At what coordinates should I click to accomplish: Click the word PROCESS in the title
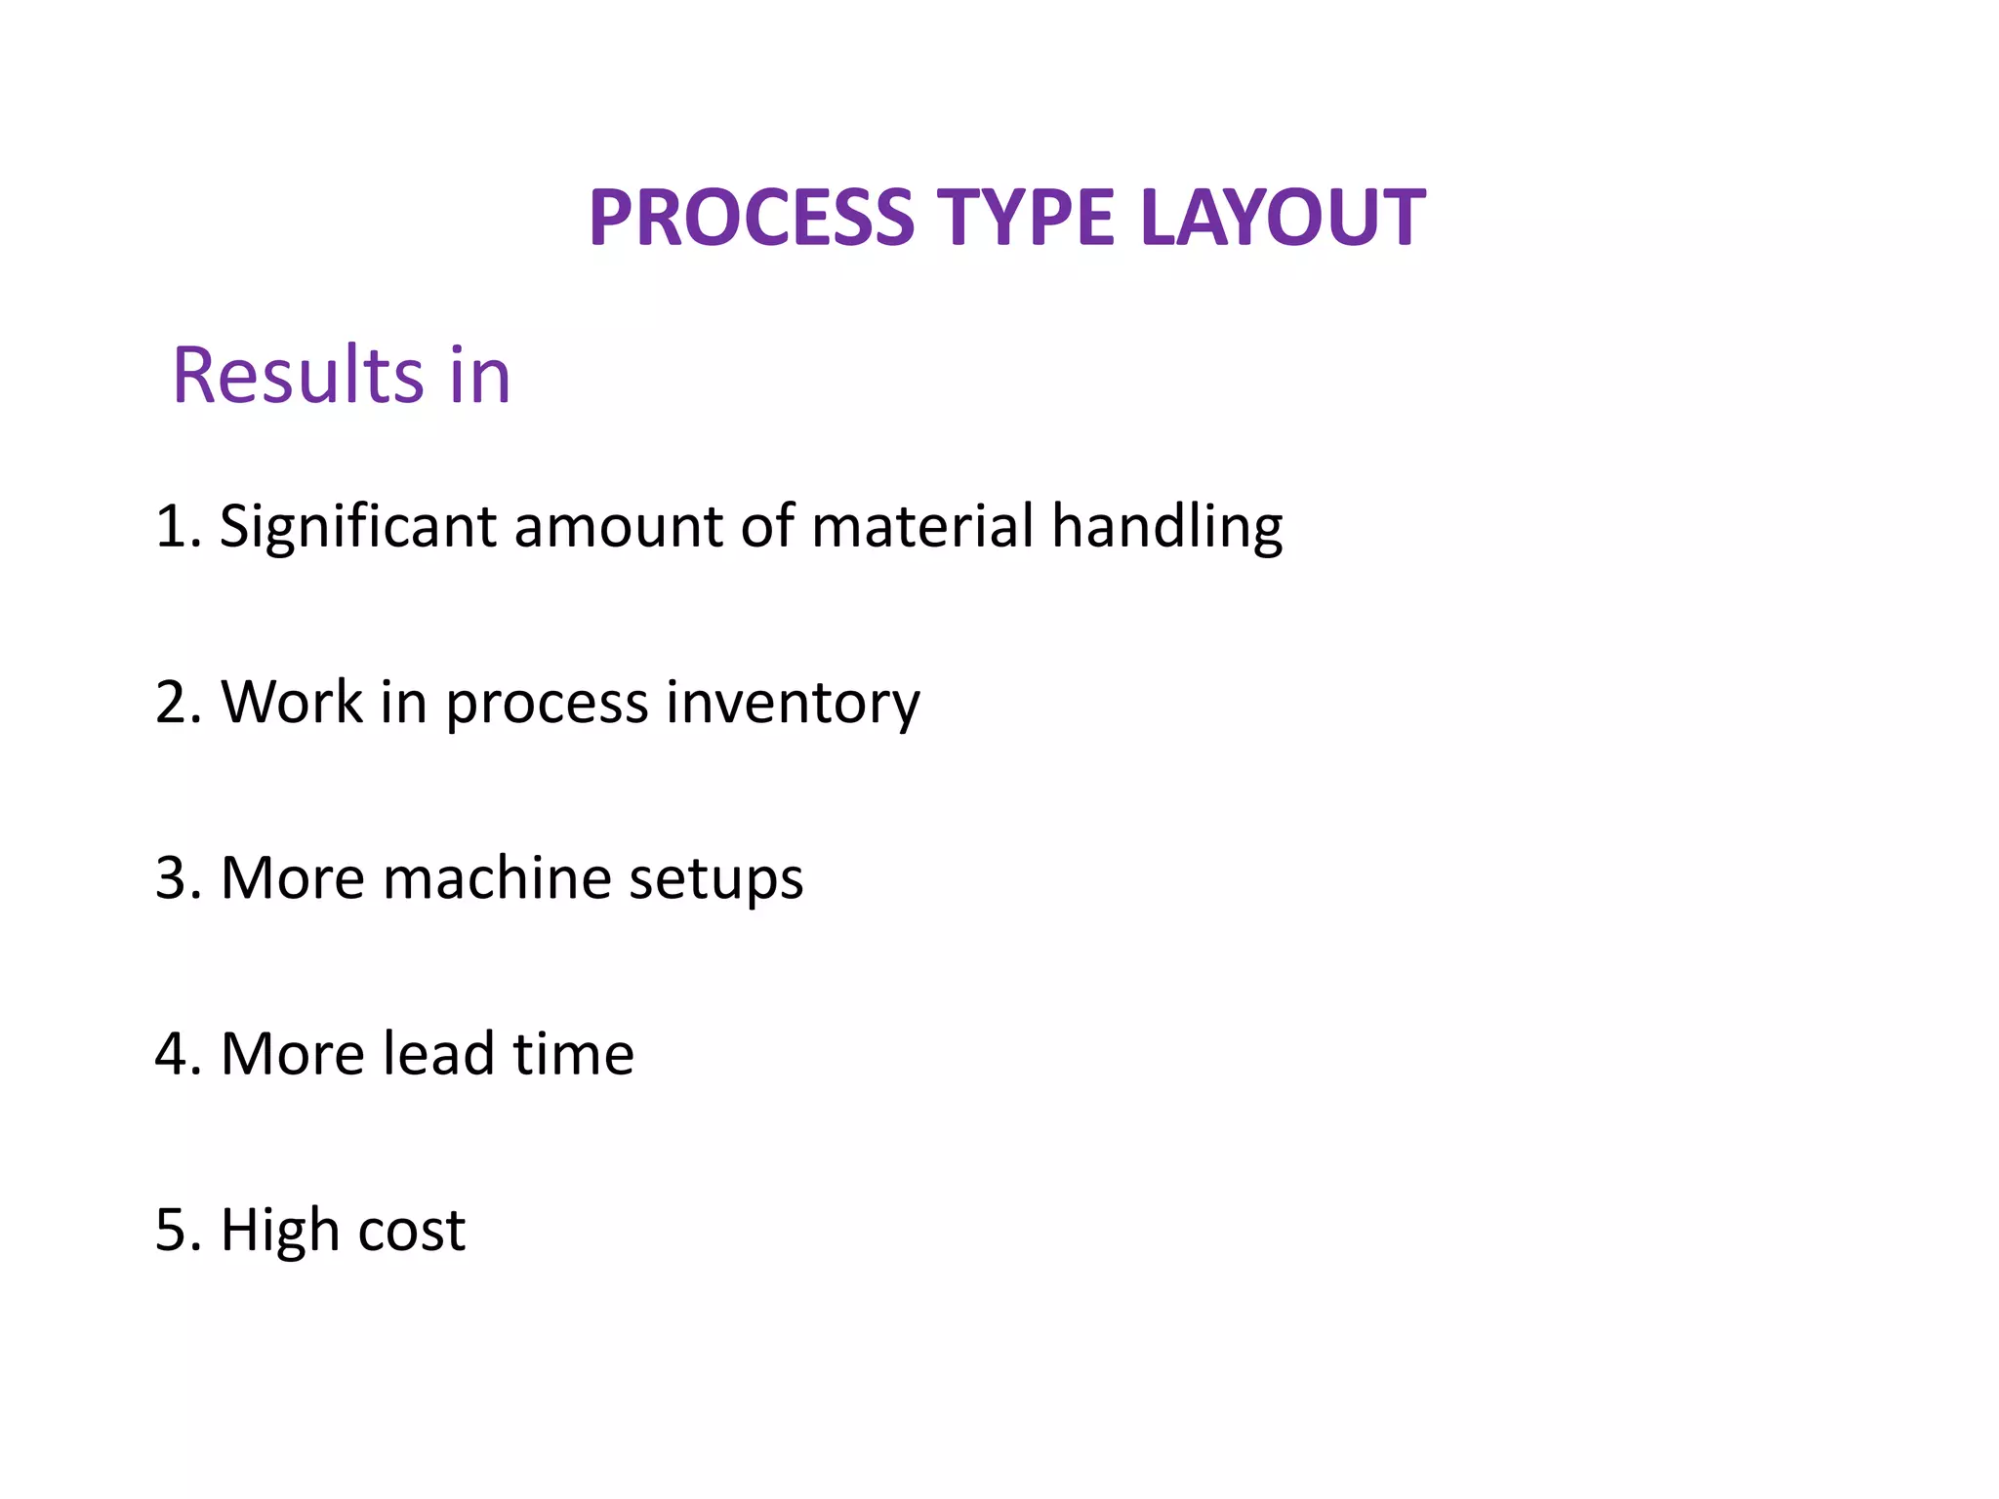752,218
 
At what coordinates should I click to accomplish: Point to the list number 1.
172,526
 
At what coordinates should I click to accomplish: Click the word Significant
357,528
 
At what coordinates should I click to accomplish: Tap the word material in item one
921,526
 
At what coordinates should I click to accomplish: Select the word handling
1166,528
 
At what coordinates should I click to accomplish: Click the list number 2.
173,703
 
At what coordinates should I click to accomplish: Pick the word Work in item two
291,702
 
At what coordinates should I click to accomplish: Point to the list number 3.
173,878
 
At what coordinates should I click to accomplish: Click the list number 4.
173,1054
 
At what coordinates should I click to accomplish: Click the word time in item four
573,1054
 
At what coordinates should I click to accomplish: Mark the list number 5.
173,1230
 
